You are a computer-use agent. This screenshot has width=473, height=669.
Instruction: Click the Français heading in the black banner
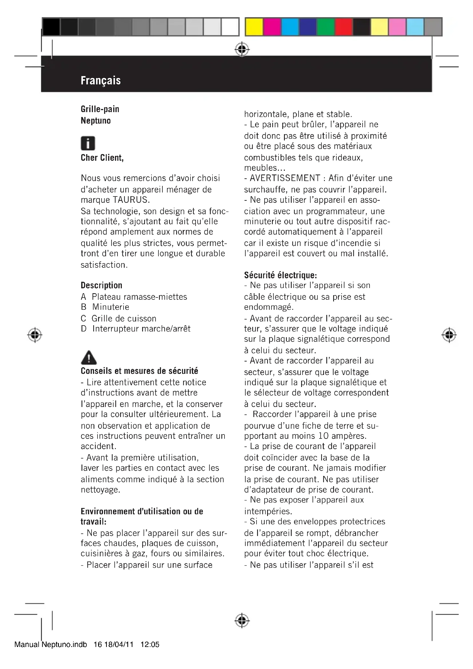tap(100, 80)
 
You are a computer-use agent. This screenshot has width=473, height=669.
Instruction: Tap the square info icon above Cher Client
tap(88, 143)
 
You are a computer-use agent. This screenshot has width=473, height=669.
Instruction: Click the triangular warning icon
tap(89, 358)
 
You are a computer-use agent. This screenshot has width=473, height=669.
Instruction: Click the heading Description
tap(101, 285)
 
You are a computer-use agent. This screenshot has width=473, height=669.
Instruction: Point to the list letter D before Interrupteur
tap(84, 329)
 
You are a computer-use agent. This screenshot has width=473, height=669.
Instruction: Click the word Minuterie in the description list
tap(111, 307)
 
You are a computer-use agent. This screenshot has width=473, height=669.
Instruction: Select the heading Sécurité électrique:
tap(281, 275)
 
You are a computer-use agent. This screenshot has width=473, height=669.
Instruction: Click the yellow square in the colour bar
tap(254, 27)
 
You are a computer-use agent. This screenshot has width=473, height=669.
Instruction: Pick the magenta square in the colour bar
tap(272, 27)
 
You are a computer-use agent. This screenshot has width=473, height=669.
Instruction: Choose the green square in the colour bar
tap(326, 27)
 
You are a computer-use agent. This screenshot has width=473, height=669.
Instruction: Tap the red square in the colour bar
tap(344, 27)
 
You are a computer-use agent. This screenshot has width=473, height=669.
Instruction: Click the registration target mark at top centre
tap(242, 49)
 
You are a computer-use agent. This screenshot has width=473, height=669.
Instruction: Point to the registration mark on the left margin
tap(35, 335)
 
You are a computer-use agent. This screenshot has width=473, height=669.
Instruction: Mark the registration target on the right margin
tap(449, 335)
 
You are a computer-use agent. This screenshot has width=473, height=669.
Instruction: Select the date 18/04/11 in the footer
tap(119, 644)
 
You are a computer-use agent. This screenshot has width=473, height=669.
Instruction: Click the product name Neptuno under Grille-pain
tap(96, 121)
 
